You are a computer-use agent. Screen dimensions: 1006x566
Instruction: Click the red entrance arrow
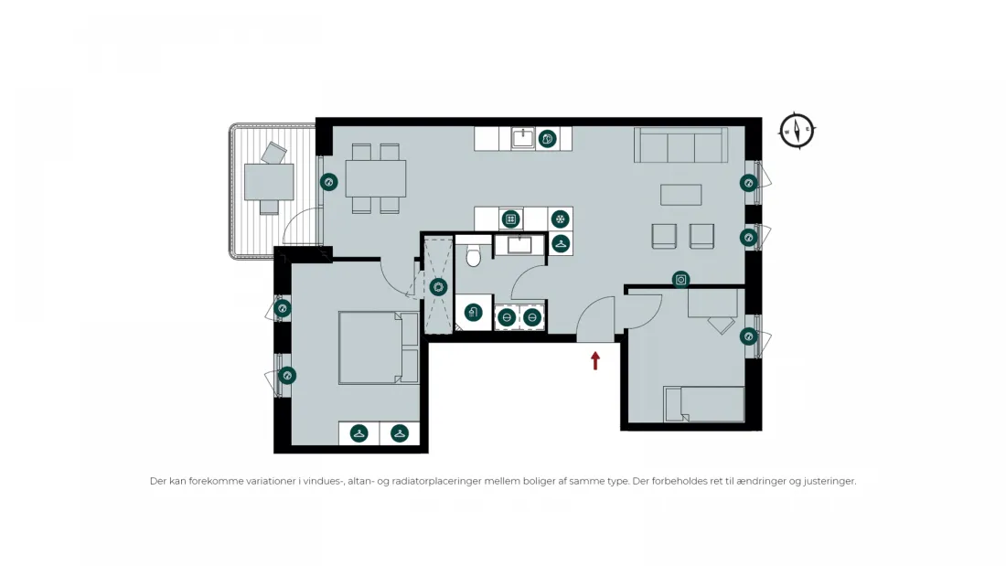595,360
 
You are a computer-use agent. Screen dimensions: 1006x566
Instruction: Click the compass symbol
797,132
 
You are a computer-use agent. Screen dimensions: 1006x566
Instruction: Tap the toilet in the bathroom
474,255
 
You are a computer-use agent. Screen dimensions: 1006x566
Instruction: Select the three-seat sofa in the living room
680,145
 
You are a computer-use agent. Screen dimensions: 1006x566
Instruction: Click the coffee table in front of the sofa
680,195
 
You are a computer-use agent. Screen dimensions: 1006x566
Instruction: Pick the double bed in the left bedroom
379,347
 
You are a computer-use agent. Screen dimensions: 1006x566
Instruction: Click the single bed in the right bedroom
704,404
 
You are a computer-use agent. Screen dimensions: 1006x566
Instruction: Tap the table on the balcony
269,182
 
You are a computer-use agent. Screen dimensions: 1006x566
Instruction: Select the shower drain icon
439,287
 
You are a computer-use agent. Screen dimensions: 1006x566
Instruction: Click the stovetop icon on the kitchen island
510,219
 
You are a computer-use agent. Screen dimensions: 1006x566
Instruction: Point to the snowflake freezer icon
561,219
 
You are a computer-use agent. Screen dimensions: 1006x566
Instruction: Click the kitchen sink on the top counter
523,138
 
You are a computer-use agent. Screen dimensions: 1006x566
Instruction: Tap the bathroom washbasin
519,244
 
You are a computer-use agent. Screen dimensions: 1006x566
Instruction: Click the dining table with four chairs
376,178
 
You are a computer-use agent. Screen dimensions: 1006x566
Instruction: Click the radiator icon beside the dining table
329,182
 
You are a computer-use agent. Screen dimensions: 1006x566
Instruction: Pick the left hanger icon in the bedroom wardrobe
359,433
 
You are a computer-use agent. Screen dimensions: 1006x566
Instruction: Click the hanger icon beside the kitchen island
561,244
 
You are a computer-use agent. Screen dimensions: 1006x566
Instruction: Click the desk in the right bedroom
712,304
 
